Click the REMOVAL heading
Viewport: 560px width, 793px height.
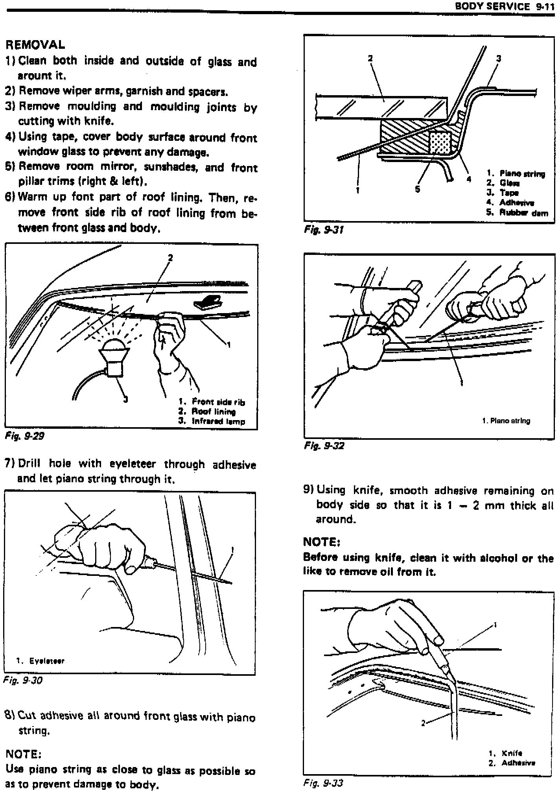click(x=35, y=44)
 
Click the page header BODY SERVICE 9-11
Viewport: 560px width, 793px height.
click(x=504, y=6)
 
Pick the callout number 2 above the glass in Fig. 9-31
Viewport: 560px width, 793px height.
click(x=370, y=58)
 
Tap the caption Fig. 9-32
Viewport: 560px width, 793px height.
click(x=324, y=445)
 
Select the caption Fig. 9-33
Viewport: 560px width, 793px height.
click(x=323, y=783)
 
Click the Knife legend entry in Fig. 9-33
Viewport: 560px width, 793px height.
click(x=512, y=753)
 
